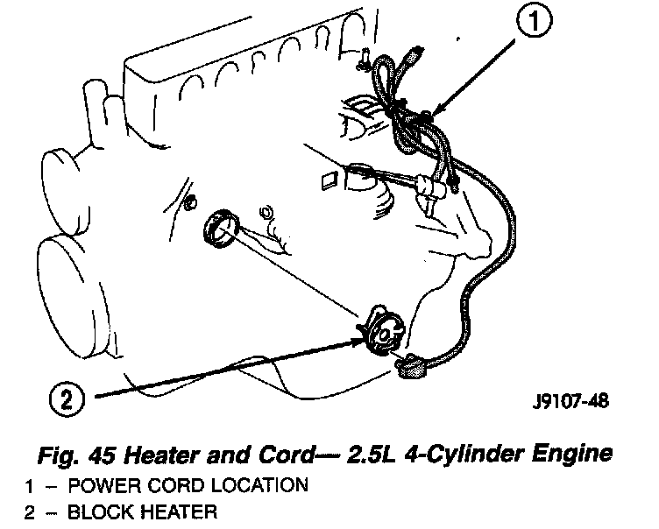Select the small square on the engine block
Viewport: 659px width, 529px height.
tap(329, 181)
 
